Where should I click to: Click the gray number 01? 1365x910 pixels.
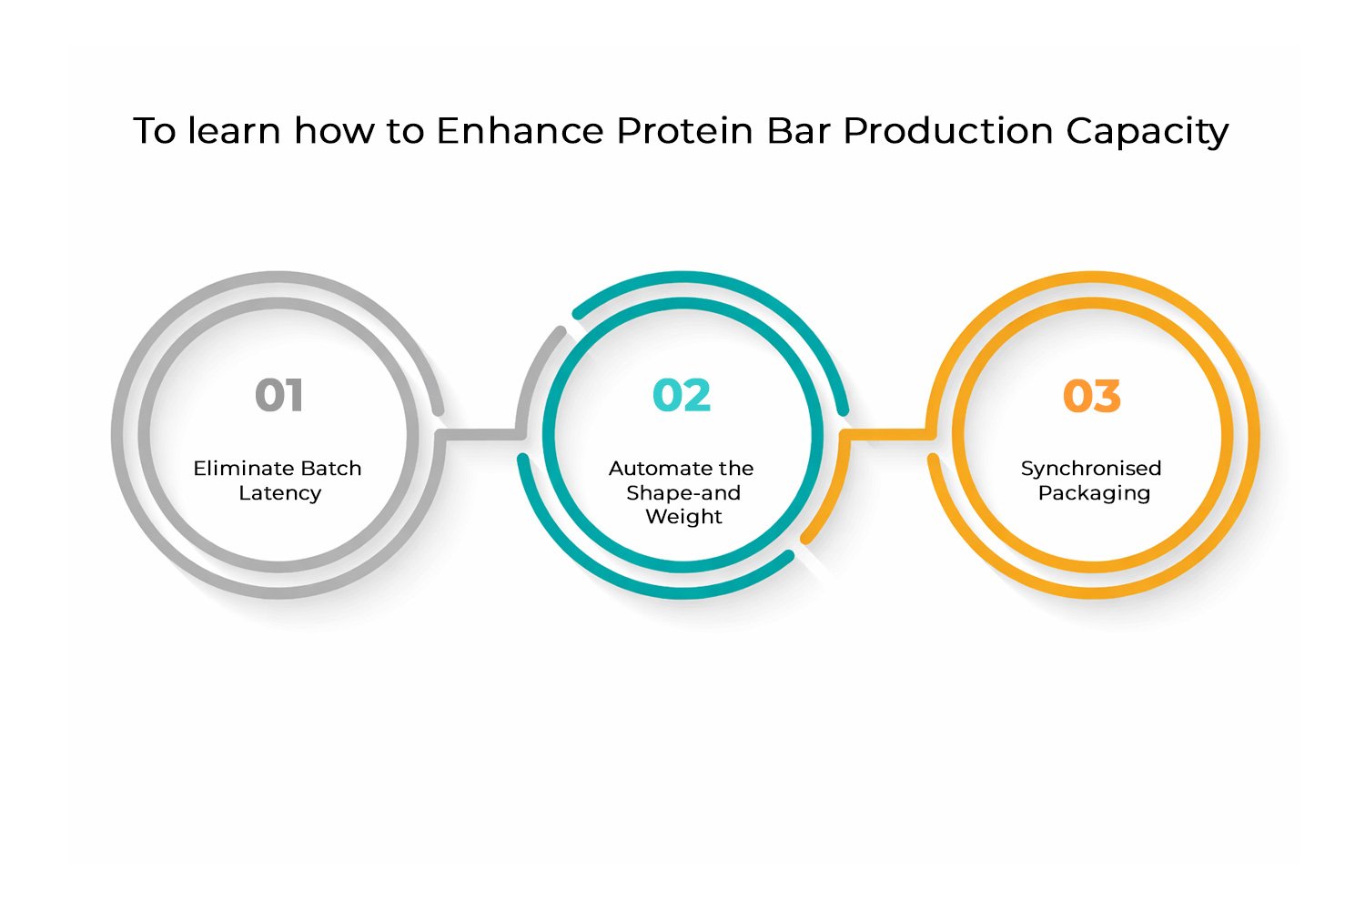[278, 396]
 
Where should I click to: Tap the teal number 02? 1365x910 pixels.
[682, 396]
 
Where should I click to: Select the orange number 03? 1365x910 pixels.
[1092, 396]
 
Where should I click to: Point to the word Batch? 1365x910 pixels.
[331, 469]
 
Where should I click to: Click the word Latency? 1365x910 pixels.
[279, 493]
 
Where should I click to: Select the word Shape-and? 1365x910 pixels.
[682, 493]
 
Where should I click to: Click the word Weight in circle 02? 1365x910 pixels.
[683, 517]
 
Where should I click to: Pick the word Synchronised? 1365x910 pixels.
[1091, 469]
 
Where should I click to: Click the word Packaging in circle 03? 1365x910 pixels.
[1094, 493]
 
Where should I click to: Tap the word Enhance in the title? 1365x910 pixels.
[520, 131]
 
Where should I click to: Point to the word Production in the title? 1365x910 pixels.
[948, 131]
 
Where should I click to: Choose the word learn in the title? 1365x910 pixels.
[235, 131]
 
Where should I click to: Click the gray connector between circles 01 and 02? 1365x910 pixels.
[478, 433]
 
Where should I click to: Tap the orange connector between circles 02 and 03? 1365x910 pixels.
[887, 433]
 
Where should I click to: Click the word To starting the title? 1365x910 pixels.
[155, 131]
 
